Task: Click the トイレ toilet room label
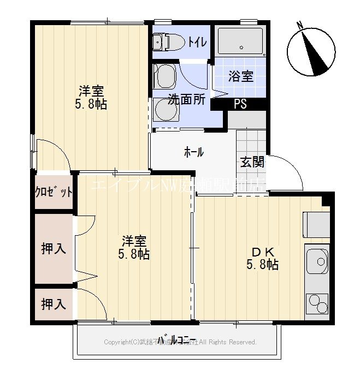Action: click(197, 41)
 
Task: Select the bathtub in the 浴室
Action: click(241, 41)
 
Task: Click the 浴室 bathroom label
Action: click(240, 76)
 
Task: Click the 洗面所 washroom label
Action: click(186, 100)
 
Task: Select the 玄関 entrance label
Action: click(252, 162)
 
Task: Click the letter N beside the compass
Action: click(299, 25)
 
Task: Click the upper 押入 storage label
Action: click(54, 249)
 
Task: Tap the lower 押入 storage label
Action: click(54, 304)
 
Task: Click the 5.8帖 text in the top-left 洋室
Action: click(91, 104)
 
